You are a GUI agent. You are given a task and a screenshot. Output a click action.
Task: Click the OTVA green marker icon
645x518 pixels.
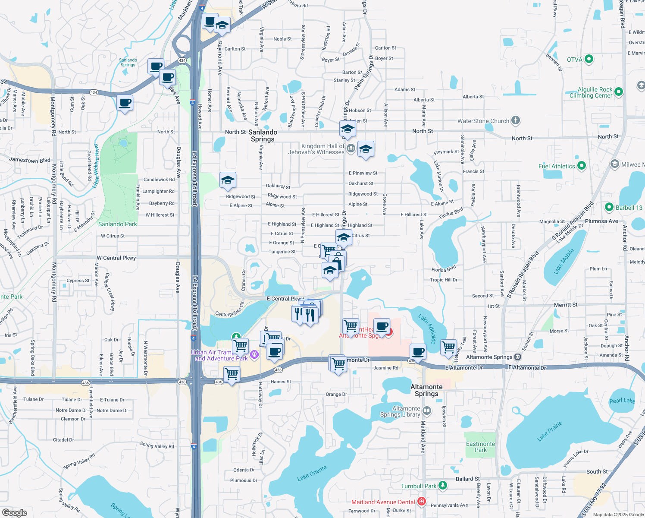[x=589, y=59]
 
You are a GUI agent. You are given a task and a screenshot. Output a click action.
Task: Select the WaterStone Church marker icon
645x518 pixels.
[x=516, y=120]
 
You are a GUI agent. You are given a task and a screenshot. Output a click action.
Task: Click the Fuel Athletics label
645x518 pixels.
[x=557, y=166]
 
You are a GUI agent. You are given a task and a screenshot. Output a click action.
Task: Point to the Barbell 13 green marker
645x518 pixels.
[x=609, y=207]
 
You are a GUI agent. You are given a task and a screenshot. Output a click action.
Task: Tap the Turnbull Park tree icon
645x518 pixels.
[x=443, y=486]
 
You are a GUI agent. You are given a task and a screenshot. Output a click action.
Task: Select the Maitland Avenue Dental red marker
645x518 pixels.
[x=422, y=502]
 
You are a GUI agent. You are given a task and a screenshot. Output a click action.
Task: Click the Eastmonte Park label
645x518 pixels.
[x=480, y=447]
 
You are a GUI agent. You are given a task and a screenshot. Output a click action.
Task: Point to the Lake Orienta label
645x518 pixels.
[x=312, y=473]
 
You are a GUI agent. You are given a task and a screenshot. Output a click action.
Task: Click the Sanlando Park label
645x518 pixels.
[x=117, y=224]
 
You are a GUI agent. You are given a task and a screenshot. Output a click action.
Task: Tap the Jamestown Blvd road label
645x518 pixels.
[x=30, y=160]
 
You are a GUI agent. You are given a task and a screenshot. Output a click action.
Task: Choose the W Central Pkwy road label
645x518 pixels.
[x=116, y=258]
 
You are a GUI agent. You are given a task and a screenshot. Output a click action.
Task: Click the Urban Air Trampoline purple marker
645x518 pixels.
[x=254, y=354]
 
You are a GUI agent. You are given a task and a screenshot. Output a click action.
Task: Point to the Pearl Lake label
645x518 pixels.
[x=622, y=401]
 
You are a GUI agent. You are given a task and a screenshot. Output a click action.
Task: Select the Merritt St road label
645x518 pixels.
[x=566, y=305]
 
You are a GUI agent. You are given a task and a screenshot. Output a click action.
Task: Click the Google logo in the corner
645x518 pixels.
[x=14, y=512]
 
